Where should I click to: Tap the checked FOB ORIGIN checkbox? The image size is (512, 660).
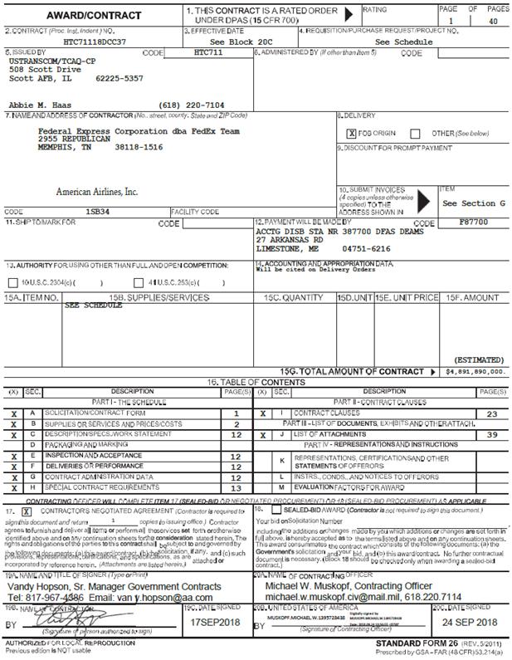(x=352, y=133)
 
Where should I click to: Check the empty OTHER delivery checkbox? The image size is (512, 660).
(x=416, y=133)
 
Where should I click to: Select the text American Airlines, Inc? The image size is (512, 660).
(x=96, y=192)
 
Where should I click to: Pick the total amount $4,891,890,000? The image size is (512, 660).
(x=475, y=372)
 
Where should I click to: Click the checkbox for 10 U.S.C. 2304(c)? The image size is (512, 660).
(x=15, y=281)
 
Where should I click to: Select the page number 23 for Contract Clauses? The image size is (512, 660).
(x=491, y=413)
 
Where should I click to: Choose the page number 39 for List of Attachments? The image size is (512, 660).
(x=491, y=433)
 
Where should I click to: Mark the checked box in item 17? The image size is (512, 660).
(x=26, y=512)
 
